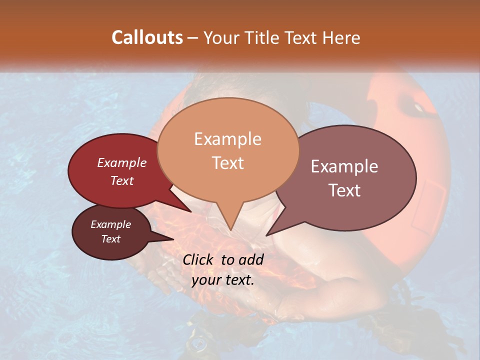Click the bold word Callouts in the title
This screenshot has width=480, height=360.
(147, 37)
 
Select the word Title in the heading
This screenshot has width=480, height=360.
(262, 37)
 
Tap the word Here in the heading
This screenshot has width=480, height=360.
(341, 37)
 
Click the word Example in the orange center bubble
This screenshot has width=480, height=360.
(227, 139)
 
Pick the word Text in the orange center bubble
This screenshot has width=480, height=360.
(227, 163)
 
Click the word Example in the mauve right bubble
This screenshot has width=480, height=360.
(344, 166)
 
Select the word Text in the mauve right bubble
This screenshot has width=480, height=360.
(344, 190)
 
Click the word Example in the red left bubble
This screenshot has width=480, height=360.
(122, 162)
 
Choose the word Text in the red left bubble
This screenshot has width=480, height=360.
(122, 180)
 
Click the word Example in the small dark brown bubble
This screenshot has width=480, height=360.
(110, 224)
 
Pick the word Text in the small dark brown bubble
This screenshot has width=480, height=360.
(110, 239)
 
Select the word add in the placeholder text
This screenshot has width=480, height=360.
(251, 259)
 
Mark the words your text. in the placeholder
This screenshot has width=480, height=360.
(223, 280)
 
